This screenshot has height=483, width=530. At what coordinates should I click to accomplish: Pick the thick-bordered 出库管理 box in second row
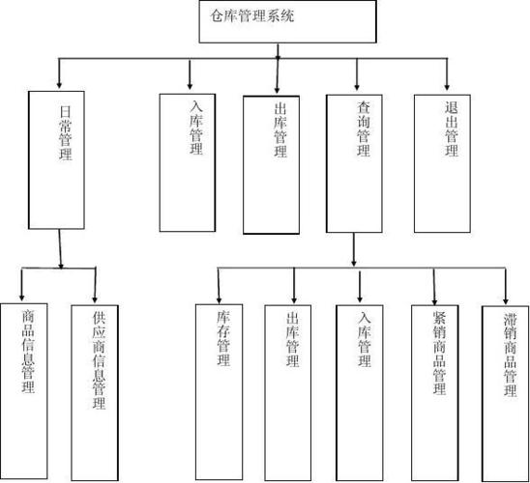(x=279, y=164)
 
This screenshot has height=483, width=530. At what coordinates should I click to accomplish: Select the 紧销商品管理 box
(x=437, y=386)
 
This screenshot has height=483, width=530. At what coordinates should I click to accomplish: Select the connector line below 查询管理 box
(x=356, y=248)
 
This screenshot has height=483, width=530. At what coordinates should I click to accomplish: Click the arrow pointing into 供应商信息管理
(x=96, y=290)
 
